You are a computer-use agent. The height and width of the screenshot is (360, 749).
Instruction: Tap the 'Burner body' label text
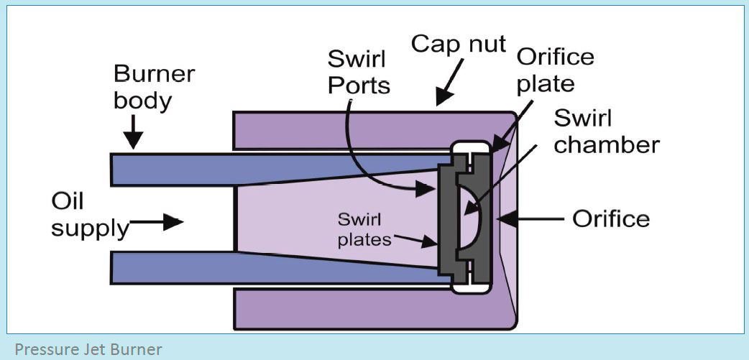(x=153, y=87)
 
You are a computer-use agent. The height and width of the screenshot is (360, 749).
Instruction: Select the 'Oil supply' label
(x=88, y=215)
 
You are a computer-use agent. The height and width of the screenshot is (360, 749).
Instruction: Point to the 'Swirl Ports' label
(x=358, y=71)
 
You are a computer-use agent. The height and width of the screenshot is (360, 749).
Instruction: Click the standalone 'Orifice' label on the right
(x=610, y=218)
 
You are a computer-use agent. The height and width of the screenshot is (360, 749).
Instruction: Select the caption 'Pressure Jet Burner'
(x=88, y=350)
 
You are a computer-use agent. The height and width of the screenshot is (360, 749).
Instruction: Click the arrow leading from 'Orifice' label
(x=533, y=218)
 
